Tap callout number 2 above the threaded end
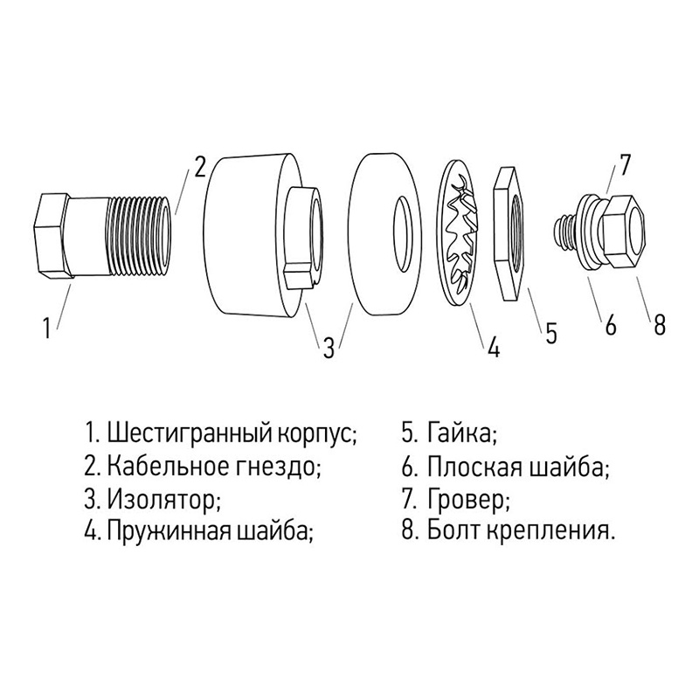[x=200, y=165]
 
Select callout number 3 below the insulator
[x=328, y=348]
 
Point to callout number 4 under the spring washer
[x=494, y=348]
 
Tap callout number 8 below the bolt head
[x=660, y=325]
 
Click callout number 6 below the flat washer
[x=611, y=325]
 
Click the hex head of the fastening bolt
[x=627, y=229]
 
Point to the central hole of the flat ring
[x=404, y=228]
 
